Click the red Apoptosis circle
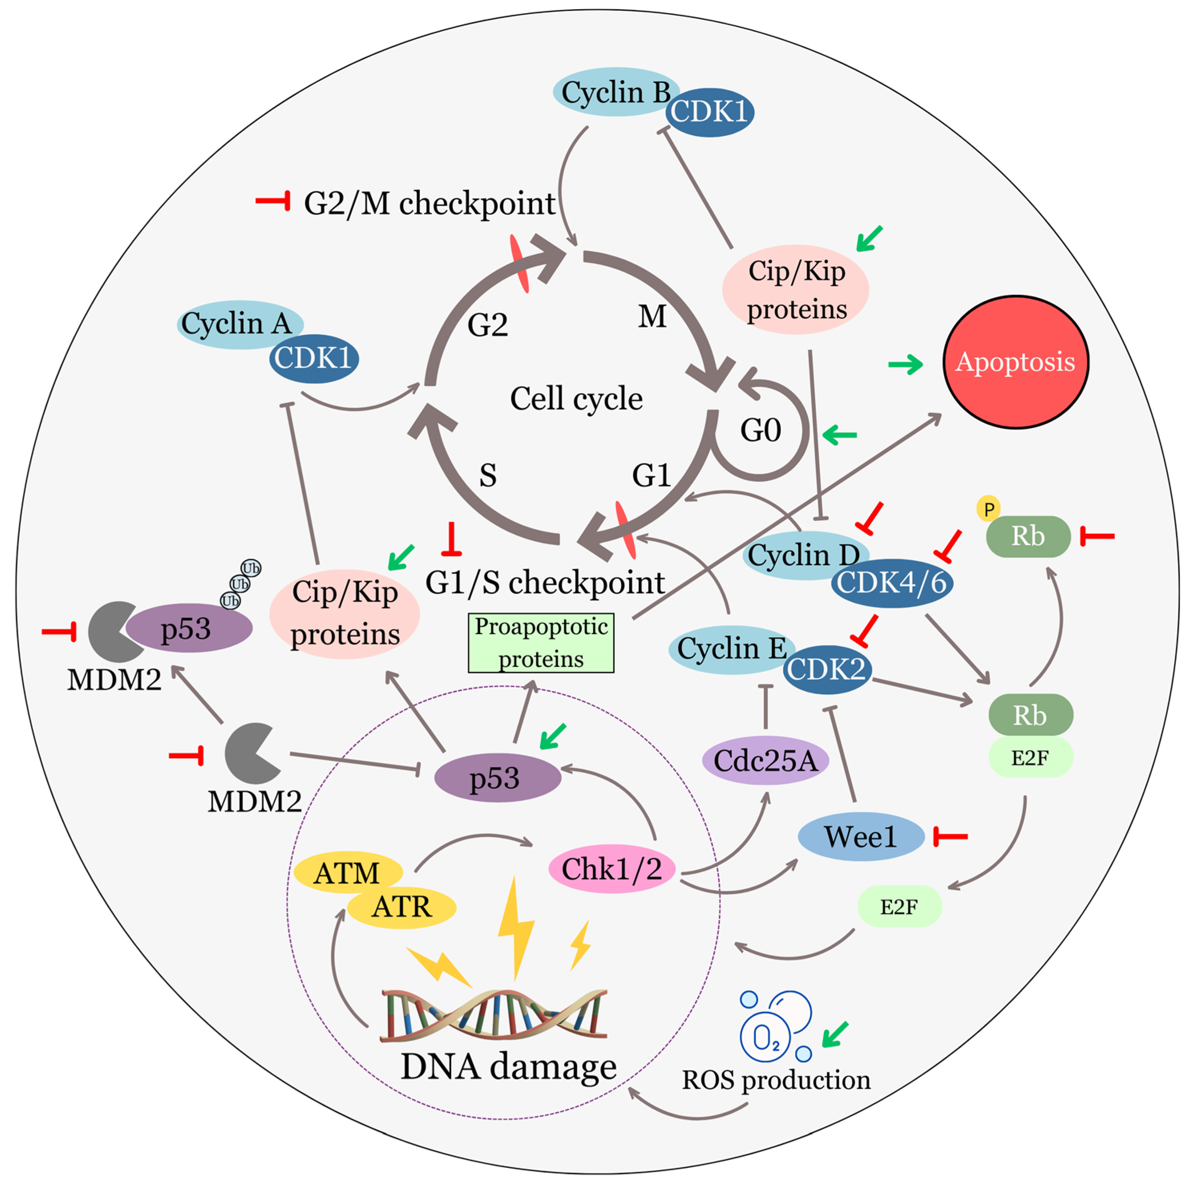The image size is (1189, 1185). [x=1015, y=362]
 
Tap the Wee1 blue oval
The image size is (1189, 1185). [x=860, y=837]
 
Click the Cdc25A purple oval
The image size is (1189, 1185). [x=765, y=761]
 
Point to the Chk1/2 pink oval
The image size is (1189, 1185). [x=611, y=869]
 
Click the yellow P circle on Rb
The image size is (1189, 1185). [x=988, y=509]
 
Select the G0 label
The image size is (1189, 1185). [x=761, y=430]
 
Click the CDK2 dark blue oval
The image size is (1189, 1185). [x=826, y=669]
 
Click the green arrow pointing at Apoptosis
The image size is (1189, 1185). [x=905, y=365]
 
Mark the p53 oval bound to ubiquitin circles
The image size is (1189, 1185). [x=188, y=628]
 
